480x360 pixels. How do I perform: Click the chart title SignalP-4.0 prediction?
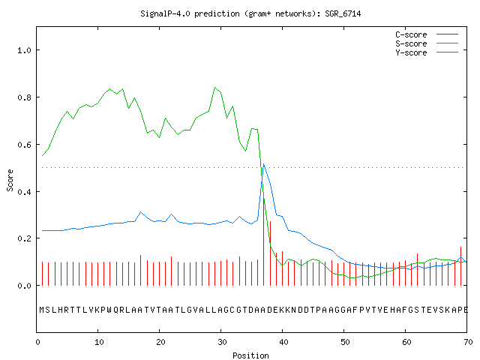[x=250, y=13]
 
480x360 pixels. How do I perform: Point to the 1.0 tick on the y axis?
[x=24, y=50]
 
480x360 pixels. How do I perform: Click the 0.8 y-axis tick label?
[x=24, y=97]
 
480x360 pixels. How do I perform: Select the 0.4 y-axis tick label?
[x=24, y=192]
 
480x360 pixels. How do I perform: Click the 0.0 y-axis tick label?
[x=24, y=286]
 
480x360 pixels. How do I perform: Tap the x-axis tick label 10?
[x=99, y=342]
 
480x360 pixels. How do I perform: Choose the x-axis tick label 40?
[x=283, y=342]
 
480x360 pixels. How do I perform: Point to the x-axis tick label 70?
[x=468, y=342]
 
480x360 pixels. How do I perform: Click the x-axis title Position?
[x=250, y=355]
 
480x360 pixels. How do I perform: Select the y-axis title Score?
[x=10, y=180]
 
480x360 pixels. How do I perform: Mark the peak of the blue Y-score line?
[x=263, y=164]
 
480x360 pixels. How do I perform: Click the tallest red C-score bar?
[x=264, y=241]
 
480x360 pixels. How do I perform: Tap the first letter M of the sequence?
[x=42, y=310]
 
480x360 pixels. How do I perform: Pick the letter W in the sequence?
[x=109, y=310]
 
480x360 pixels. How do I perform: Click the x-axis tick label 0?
[x=37, y=342]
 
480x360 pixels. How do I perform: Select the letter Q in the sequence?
[x=115, y=310]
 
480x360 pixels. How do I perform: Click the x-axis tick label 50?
[x=345, y=342]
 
